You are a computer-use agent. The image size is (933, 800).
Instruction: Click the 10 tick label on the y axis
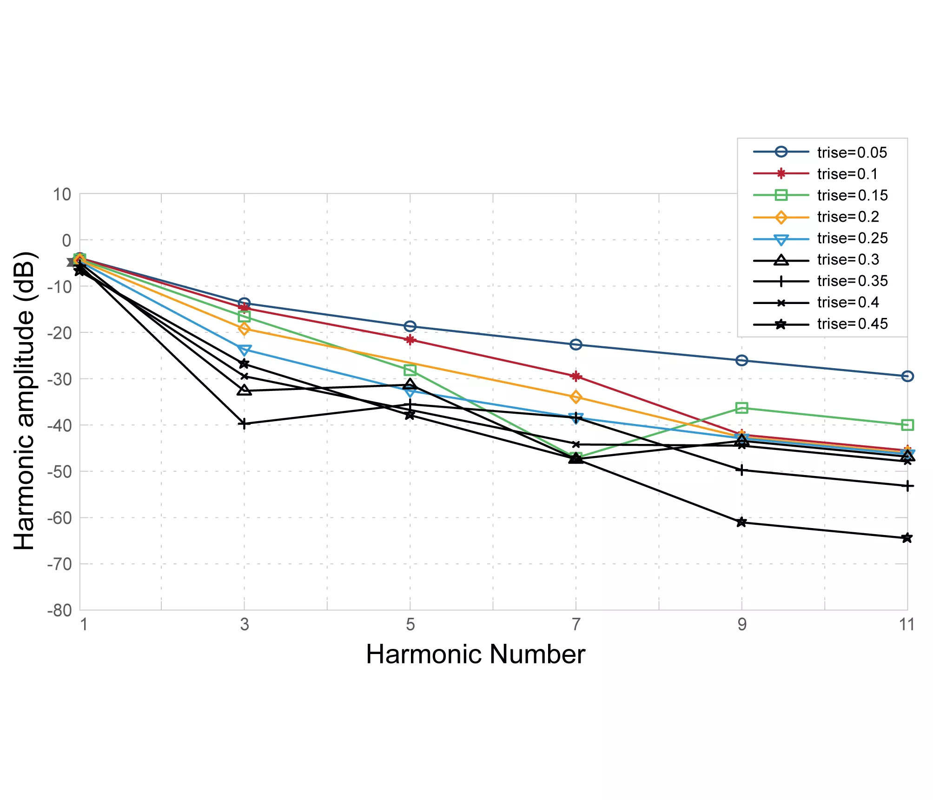point(62,194)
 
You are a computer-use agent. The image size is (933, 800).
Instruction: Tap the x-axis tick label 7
point(576,624)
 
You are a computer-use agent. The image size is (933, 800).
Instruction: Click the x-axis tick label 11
point(907,624)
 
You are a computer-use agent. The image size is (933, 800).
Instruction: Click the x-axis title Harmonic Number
point(475,655)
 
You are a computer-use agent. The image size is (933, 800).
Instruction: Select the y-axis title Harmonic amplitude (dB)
point(24,401)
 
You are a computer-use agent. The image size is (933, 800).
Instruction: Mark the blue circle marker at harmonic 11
point(907,376)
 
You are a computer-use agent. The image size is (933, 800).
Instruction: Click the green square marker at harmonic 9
point(742,408)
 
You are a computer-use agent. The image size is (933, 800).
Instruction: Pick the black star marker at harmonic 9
point(742,522)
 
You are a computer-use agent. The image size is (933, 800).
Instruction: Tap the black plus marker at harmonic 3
point(244,423)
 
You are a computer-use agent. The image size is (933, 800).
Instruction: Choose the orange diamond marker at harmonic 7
point(576,397)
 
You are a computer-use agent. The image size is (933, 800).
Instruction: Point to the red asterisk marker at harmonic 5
point(410,340)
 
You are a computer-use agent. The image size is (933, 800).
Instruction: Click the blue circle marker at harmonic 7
point(576,344)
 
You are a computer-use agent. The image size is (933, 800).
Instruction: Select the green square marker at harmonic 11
point(907,425)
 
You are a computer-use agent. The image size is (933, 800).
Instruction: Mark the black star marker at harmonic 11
point(907,538)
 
